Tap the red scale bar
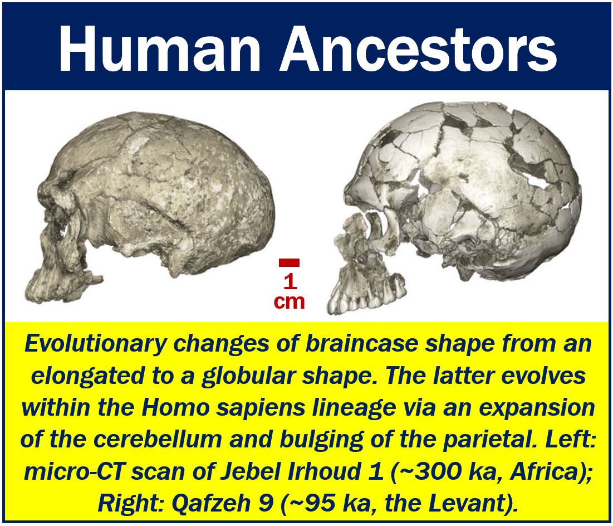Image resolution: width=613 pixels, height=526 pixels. [290, 262]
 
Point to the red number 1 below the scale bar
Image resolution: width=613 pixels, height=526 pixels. [290, 282]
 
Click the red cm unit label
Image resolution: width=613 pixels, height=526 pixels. [290, 302]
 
